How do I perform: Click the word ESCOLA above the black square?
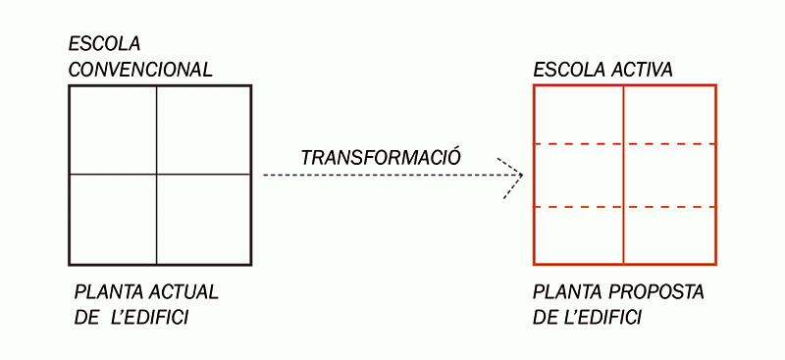[104, 44]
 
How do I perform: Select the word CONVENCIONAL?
[140, 70]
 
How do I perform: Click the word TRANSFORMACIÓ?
[381, 157]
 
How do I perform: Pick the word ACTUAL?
[185, 293]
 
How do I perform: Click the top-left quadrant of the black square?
[113, 129]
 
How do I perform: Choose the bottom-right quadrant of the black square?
[203, 219]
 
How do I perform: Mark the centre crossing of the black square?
[156, 175]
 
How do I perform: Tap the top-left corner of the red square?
[534, 86]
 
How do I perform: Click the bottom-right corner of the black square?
[251, 264]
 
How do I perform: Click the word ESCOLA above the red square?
[563, 70]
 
